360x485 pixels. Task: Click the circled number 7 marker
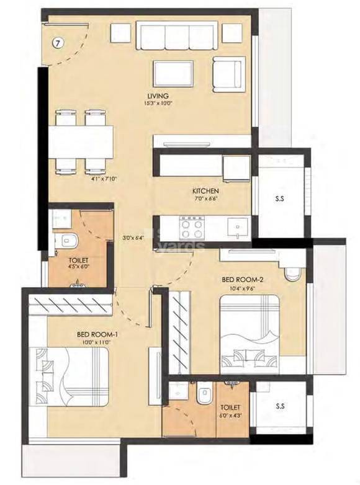coord(57,43)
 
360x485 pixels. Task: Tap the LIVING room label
coord(156,95)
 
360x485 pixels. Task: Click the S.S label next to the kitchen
coord(280,199)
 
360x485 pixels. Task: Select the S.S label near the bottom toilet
coord(280,407)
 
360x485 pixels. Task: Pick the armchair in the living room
coord(230,72)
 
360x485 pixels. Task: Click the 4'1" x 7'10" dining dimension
coord(87,179)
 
